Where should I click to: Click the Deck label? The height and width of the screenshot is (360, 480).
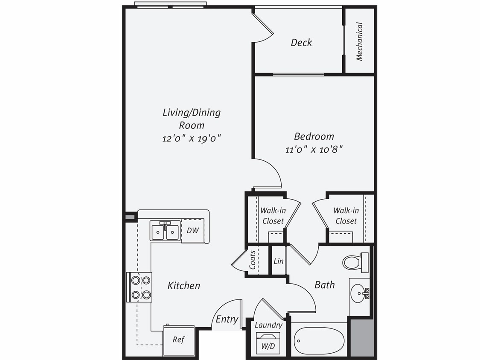(x=301, y=42)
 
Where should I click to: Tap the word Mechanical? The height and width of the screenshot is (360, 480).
(x=359, y=41)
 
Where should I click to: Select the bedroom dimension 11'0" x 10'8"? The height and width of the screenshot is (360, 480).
(x=314, y=150)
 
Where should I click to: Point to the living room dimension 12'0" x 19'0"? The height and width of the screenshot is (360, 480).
(x=192, y=138)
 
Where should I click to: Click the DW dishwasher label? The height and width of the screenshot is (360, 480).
(x=192, y=230)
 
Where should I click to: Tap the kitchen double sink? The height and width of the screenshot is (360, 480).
(x=165, y=232)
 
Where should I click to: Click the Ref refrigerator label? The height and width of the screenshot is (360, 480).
(x=178, y=340)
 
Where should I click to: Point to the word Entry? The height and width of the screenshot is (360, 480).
(x=227, y=319)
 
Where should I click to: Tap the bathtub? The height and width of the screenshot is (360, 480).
(x=319, y=340)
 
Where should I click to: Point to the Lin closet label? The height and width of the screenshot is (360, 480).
(x=278, y=261)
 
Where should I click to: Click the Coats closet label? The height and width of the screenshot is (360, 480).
(x=253, y=260)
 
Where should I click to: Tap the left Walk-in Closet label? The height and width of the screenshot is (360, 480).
(x=273, y=215)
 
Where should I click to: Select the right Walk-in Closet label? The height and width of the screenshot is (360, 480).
(x=346, y=215)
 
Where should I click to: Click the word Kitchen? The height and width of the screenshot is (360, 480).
(x=183, y=285)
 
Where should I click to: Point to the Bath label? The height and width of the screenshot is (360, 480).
(x=324, y=285)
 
